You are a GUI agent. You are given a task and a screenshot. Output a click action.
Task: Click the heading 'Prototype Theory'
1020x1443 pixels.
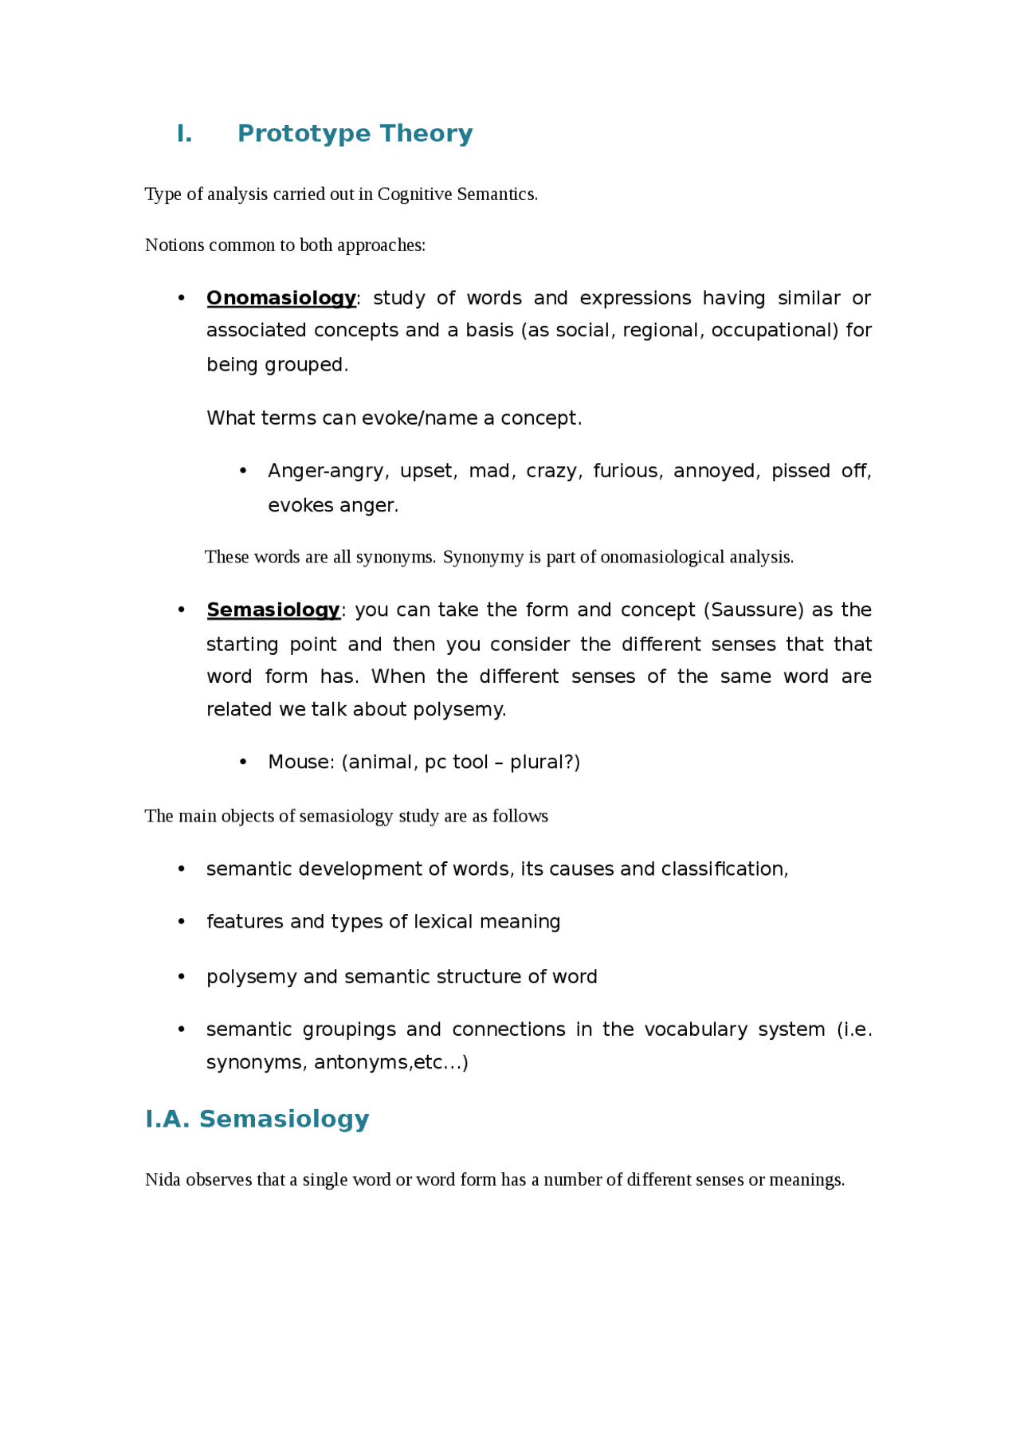(x=355, y=133)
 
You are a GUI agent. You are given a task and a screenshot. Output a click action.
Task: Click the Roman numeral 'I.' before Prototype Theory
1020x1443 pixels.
(x=184, y=133)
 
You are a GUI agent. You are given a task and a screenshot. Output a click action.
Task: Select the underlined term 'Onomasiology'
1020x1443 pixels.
(x=280, y=298)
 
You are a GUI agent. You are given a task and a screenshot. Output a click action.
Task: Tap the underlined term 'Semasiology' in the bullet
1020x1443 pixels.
(x=273, y=610)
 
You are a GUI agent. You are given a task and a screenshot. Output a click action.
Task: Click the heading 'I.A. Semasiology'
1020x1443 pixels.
(x=257, y=1119)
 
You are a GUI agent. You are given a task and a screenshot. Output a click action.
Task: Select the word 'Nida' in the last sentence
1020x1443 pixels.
(x=163, y=1180)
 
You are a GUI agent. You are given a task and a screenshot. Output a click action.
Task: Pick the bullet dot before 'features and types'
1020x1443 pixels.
(x=182, y=922)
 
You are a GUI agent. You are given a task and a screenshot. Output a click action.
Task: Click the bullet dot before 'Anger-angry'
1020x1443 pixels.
(x=243, y=471)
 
